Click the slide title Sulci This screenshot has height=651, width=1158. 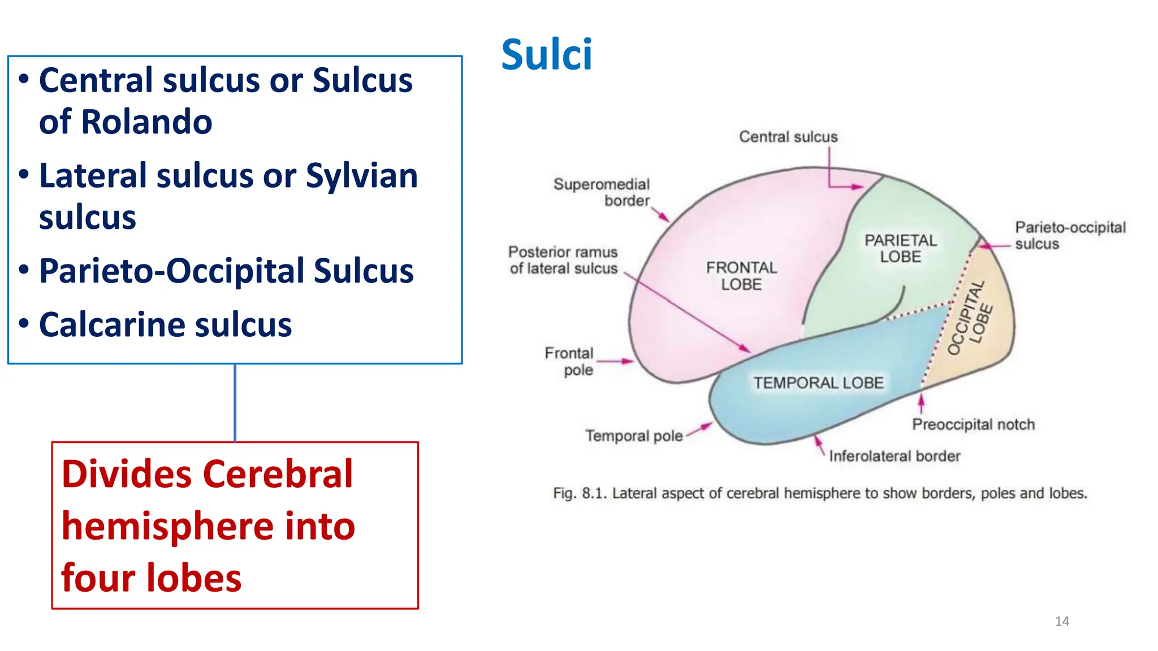[546, 55]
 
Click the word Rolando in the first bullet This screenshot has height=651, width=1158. [146, 121]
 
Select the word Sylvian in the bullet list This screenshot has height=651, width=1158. [361, 175]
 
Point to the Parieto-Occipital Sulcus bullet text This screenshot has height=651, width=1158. [226, 271]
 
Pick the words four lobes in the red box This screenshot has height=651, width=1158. [151, 578]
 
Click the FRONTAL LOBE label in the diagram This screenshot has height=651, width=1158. [741, 276]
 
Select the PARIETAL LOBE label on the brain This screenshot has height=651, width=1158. [900, 249]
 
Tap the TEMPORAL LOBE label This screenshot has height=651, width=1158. [818, 383]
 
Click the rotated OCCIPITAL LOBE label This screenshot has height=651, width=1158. [970, 318]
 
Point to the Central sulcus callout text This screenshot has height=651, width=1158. [788, 137]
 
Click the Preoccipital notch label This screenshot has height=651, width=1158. [973, 424]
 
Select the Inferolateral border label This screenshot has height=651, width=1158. [895, 456]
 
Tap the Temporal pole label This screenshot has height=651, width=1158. [634, 436]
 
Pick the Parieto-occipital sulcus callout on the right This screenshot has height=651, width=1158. [1069, 235]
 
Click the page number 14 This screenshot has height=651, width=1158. [1062, 621]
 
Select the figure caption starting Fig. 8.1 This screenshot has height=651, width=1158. [820, 493]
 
